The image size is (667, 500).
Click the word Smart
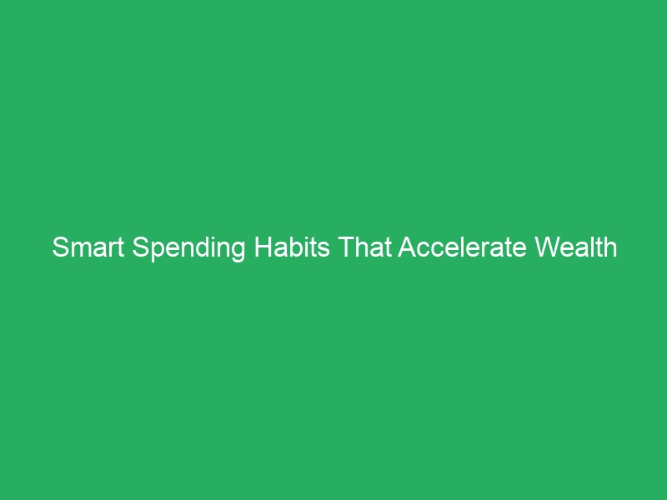point(88,247)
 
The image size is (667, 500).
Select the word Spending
point(189,248)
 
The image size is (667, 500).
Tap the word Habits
point(293,247)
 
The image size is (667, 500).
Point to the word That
point(364,247)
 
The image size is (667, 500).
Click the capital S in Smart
point(58,247)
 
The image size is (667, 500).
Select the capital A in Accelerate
point(406,247)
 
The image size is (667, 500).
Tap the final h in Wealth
point(610,247)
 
